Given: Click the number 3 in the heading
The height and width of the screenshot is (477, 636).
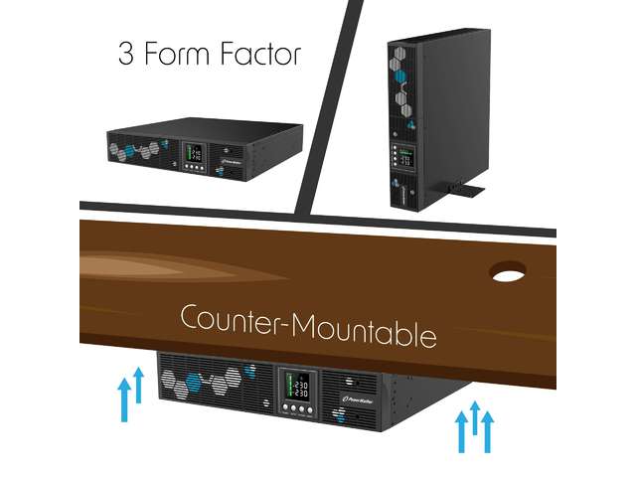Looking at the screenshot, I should click(x=126, y=54).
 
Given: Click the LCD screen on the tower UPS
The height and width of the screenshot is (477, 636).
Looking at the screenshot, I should click(x=405, y=158).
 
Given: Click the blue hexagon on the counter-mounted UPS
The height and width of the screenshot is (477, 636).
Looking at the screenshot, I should click(x=248, y=373).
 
